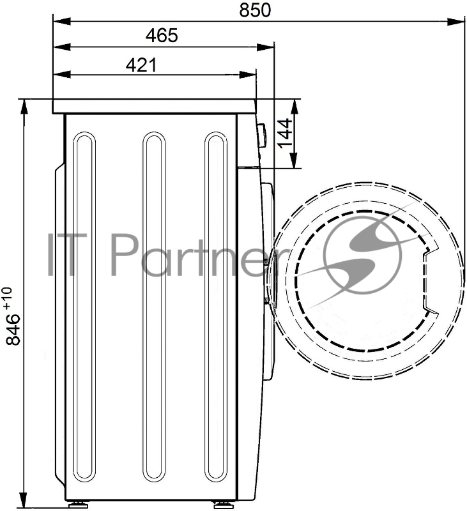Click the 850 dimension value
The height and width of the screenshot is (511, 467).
pos(255,10)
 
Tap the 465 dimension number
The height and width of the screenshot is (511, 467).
pos(162,36)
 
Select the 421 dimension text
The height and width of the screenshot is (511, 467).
pos(141,65)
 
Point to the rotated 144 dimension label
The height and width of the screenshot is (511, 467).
pos(284,133)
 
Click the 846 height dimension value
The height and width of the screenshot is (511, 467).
pos(13,330)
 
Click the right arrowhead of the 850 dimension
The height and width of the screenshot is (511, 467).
pos(456,22)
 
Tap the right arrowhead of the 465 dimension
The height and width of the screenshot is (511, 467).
pos(266,47)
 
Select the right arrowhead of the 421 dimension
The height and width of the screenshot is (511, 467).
pos(248,75)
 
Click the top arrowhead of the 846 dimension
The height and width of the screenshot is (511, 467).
pos(24,108)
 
